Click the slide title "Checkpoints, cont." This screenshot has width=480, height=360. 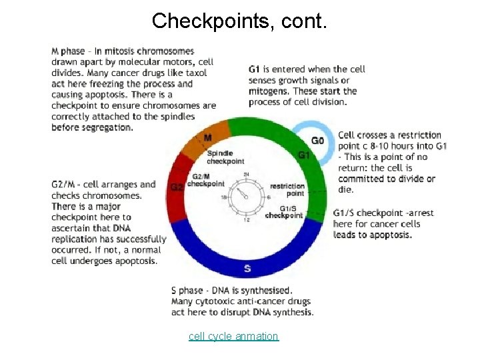pyautogui.click(x=239, y=21)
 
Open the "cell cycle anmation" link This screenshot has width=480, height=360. pyautogui.click(x=233, y=336)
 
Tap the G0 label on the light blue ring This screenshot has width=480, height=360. pyautogui.click(x=318, y=141)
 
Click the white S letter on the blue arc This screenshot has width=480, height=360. pyautogui.click(x=247, y=269)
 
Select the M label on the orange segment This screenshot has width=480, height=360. pyautogui.click(x=208, y=137)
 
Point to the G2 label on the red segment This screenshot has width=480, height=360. pyautogui.click(x=177, y=187)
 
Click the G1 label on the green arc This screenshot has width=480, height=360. pyautogui.click(x=304, y=155)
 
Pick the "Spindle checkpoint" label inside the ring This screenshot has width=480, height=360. pyautogui.click(x=225, y=157)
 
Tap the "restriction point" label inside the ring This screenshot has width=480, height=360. pyautogui.click(x=287, y=189)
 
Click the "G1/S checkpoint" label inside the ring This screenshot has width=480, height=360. pyautogui.click(x=285, y=212)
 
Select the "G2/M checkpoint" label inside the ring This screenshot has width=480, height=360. pyautogui.click(x=205, y=181)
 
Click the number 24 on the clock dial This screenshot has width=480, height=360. pyautogui.click(x=247, y=175)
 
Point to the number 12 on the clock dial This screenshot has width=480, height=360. pyautogui.click(x=247, y=219)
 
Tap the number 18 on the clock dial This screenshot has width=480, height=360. pyautogui.click(x=224, y=197)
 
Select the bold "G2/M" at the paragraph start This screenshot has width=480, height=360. pyautogui.click(x=65, y=185)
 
